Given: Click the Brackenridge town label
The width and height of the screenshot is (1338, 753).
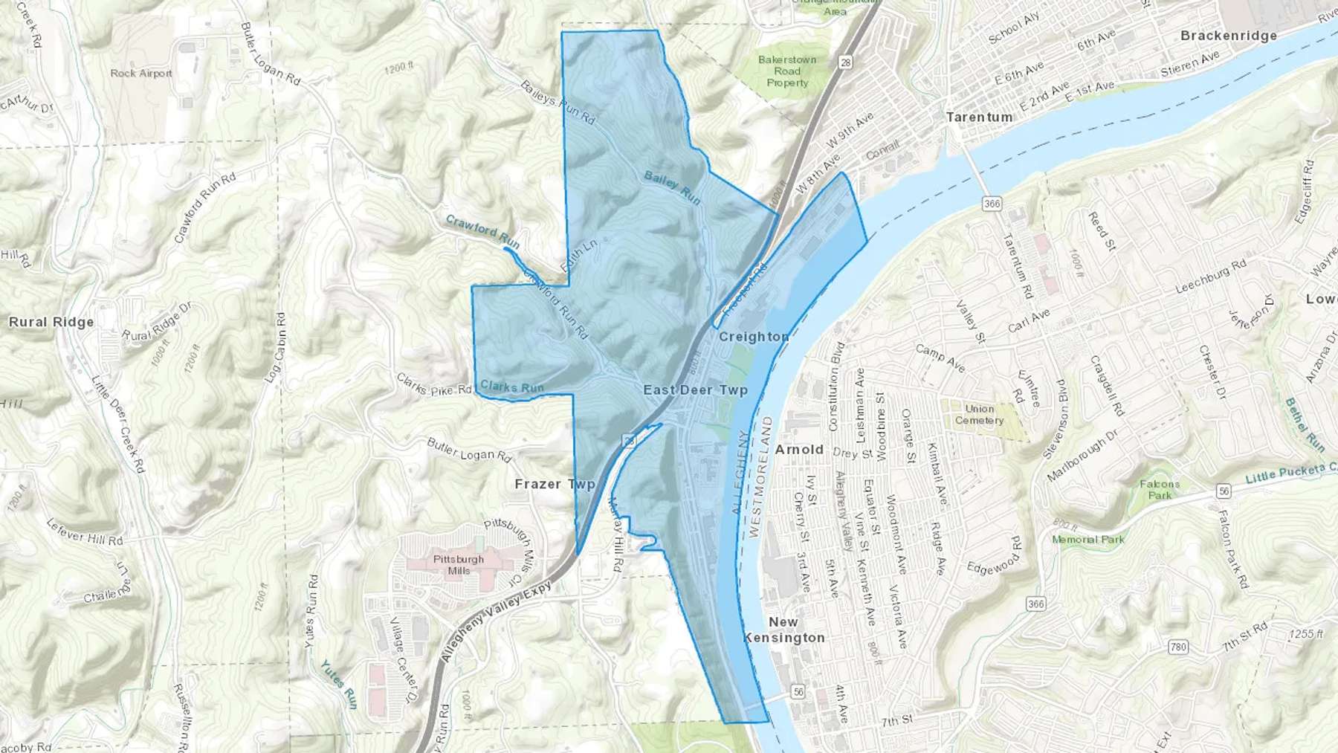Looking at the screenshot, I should [1228, 36].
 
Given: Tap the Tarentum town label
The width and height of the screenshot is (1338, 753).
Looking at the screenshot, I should [979, 117].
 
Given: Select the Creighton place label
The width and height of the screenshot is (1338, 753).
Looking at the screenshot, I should [754, 337].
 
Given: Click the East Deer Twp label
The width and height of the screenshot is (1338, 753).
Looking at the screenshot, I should [695, 390].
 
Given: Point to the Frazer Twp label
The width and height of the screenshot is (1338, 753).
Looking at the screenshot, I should [555, 484].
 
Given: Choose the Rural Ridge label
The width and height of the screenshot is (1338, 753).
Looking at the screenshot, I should [51, 322].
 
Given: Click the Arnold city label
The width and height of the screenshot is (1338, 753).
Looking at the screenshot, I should [799, 450].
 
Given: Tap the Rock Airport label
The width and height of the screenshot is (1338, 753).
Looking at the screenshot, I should [141, 74].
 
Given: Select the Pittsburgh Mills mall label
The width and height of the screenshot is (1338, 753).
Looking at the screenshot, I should [459, 565].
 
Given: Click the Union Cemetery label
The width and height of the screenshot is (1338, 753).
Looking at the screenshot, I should [979, 415].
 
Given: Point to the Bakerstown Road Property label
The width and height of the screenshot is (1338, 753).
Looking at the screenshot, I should [787, 71].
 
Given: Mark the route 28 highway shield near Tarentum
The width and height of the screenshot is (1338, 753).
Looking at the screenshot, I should [845, 62].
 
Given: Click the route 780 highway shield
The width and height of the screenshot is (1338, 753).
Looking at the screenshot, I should [1178, 647].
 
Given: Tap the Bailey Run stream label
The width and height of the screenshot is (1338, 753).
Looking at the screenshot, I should [672, 187].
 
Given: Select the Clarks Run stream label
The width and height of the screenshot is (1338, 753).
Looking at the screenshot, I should [512, 387].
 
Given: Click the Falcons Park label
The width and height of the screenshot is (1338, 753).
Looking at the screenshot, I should [1160, 489].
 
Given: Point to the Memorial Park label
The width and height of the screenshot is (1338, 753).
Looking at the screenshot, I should [1088, 540].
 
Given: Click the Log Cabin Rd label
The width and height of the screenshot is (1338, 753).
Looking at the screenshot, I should [275, 347].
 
